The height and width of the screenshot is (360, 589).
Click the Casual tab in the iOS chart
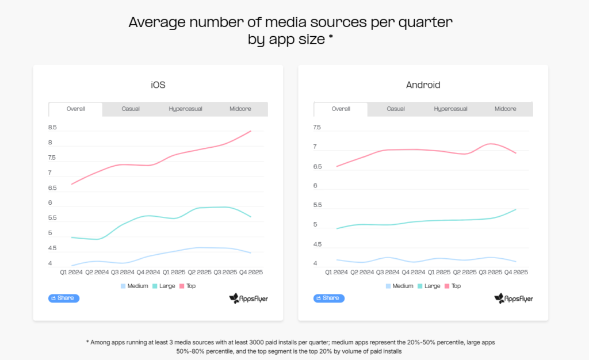(x=131, y=109)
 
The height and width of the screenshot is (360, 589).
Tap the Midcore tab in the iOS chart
(x=240, y=109)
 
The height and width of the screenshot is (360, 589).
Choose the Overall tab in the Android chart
(x=341, y=109)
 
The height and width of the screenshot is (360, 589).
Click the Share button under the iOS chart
(x=64, y=298)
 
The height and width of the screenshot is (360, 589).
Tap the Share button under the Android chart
(x=329, y=298)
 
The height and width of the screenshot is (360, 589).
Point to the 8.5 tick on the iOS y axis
(x=52, y=128)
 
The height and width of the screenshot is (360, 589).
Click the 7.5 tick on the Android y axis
(x=316, y=128)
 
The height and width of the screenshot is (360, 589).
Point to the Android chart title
(x=423, y=85)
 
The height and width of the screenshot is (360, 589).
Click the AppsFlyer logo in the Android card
(x=514, y=298)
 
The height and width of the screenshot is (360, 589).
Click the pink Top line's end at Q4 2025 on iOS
(x=251, y=131)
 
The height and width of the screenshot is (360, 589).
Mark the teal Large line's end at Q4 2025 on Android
(x=516, y=209)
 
